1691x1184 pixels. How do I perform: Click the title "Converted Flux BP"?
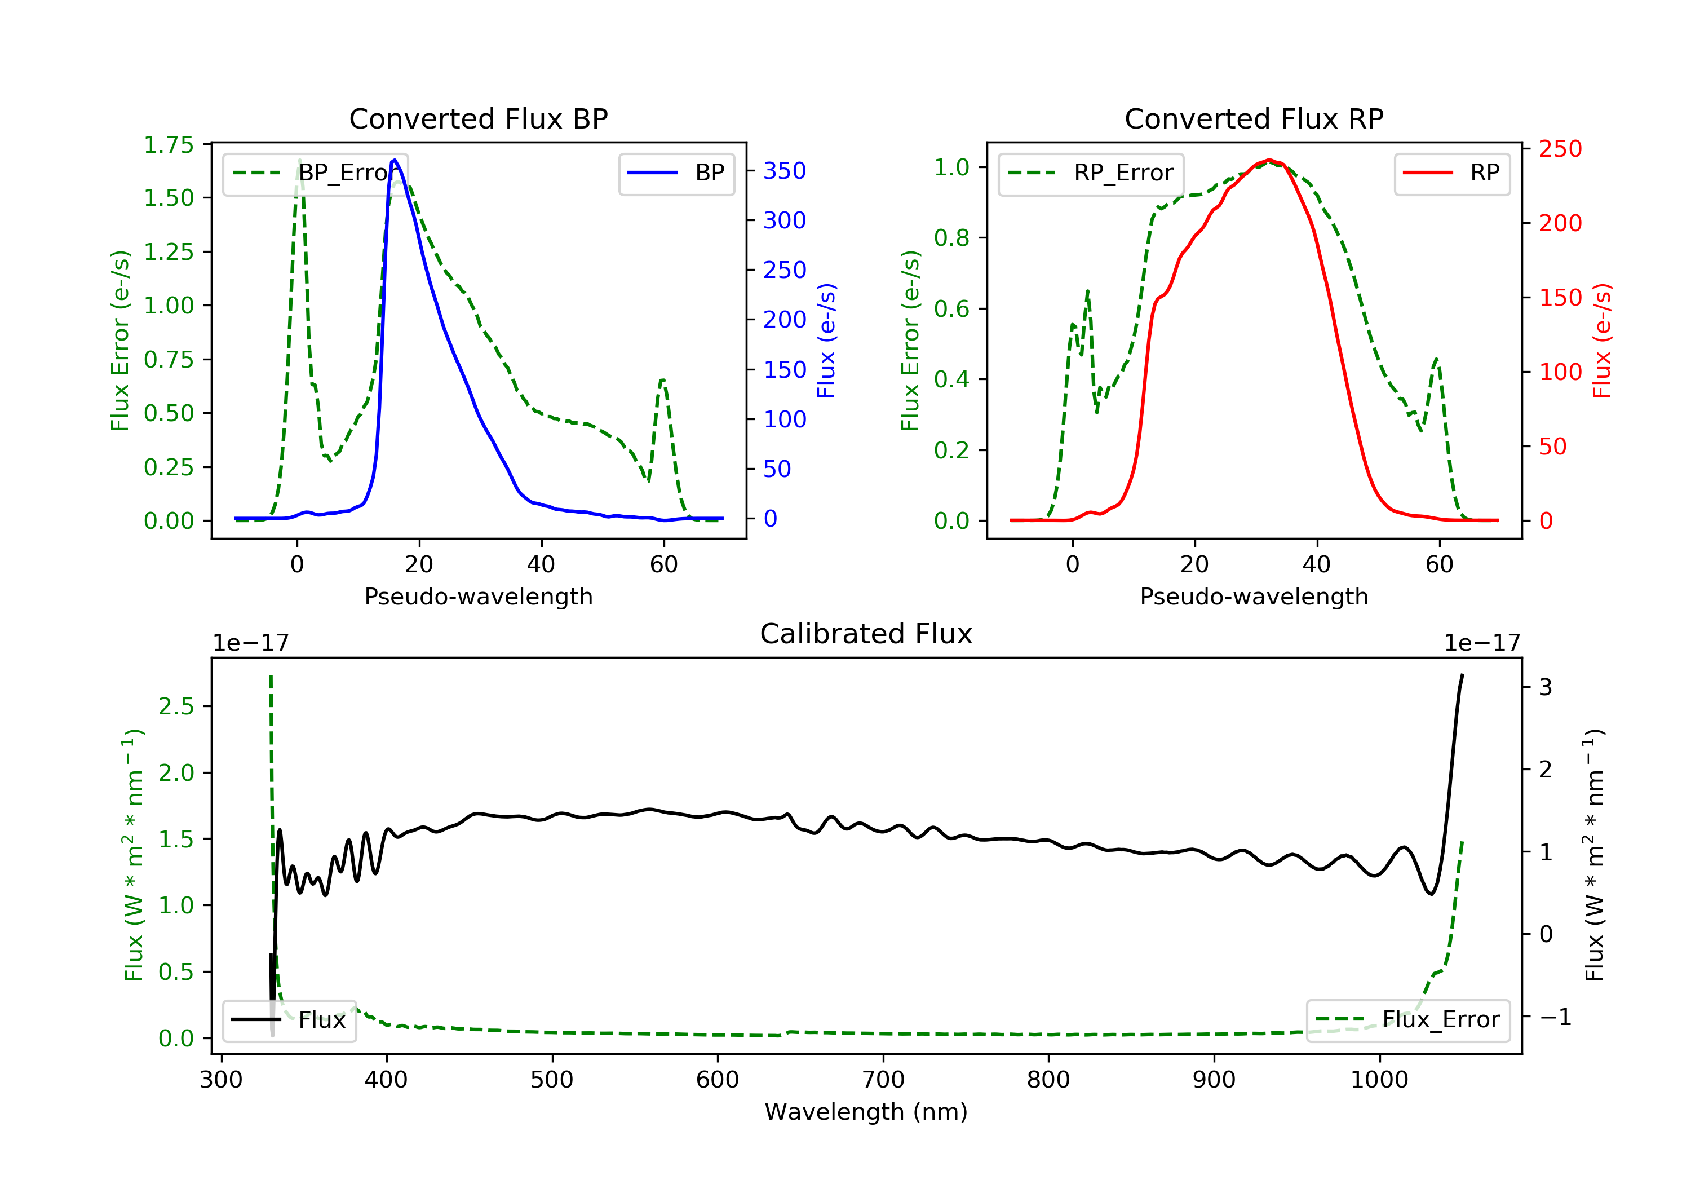[x=478, y=118]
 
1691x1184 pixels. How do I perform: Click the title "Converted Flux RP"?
[x=1254, y=118]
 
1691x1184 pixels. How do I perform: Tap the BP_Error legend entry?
[x=315, y=173]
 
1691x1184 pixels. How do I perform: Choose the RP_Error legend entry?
[x=1091, y=173]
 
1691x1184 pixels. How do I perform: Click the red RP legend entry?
[x=1451, y=173]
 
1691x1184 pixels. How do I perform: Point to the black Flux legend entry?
[x=290, y=1020]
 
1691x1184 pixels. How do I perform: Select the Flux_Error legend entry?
[x=1408, y=1020]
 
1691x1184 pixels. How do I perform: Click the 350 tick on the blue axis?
[x=785, y=171]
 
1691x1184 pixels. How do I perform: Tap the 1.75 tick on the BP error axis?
[x=169, y=144]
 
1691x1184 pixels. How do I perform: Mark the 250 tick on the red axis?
[x=1560, y=149]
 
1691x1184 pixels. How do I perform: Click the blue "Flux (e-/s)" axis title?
[x=826, y=341]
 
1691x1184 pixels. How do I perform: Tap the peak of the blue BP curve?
[x=395, y=160]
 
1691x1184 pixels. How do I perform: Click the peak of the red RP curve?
[x=1269, y=160]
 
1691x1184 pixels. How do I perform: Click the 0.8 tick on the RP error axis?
[x=951, y=238]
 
